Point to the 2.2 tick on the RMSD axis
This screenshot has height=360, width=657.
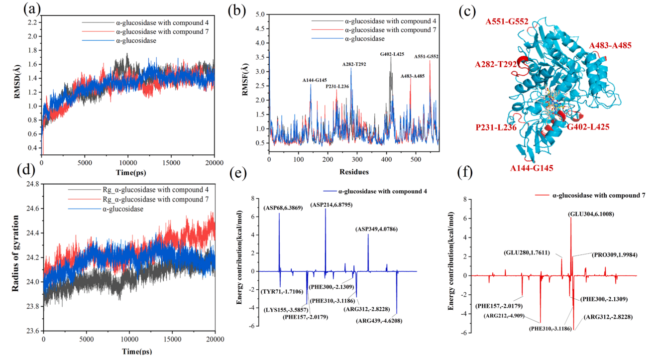(33, 22)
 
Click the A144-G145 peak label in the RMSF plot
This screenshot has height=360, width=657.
(315, 80)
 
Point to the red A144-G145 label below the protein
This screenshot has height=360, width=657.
(532, 168)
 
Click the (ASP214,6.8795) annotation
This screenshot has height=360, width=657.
(331, 205)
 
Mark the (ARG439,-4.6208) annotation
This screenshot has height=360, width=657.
(379, 321)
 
